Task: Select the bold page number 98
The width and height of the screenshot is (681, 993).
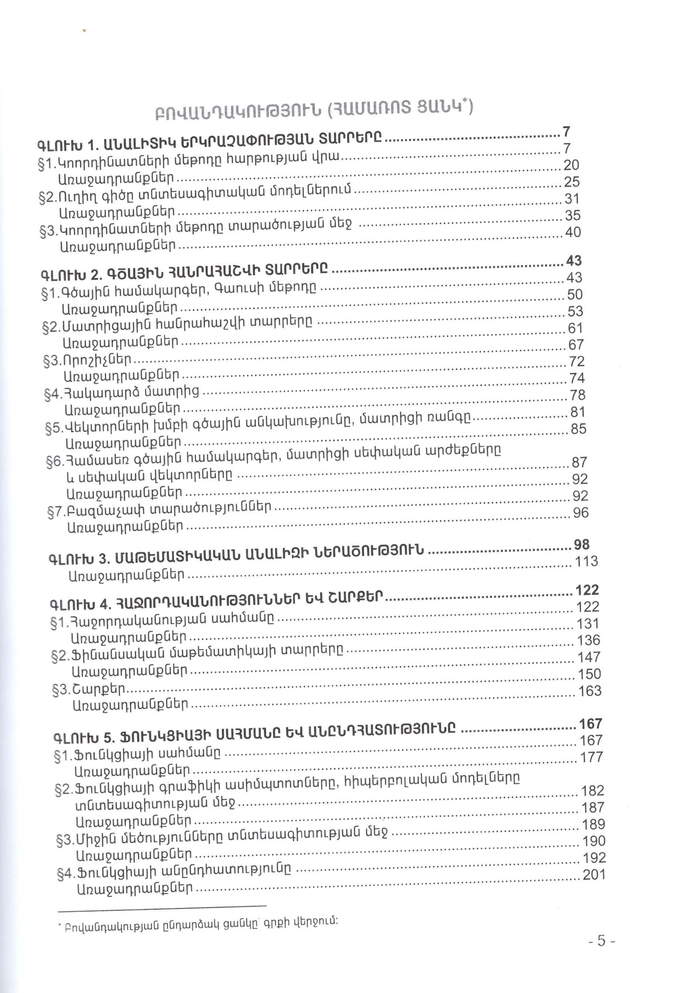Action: tap(581, 545)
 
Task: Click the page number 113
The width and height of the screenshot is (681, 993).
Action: tap(586, 561)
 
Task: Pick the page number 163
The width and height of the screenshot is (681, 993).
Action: tap(589, 690)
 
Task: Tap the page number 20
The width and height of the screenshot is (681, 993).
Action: tap(572, 165)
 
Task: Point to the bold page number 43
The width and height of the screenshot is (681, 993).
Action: tap(573, 260)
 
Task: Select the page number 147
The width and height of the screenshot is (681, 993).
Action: tap(589, 657)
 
